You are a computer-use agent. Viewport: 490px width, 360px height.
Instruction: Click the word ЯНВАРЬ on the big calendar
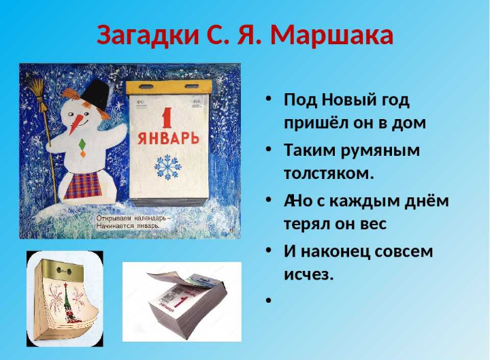(168, 138)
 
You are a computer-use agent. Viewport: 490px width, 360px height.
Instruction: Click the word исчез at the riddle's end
(308, 276)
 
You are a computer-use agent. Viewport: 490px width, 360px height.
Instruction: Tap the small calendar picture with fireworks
(65, 298)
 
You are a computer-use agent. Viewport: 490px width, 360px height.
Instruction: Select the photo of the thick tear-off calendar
(181, 301)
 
